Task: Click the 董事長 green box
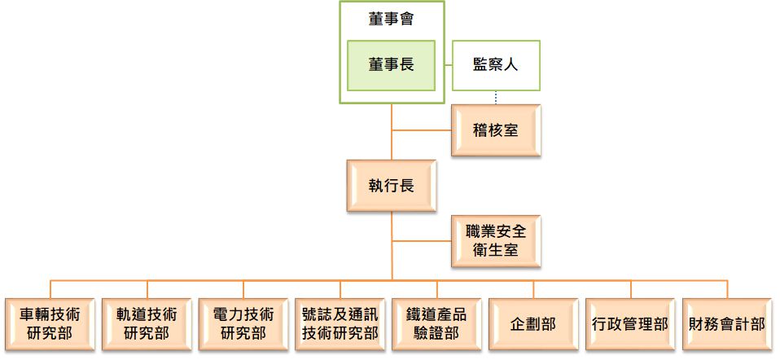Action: click(391, 65)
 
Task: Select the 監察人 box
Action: click(496, 65)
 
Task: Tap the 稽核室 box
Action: click(496, 130)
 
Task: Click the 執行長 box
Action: click(391, 186)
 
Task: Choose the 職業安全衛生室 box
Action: click(496, 241)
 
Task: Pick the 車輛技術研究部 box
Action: click(50, 323)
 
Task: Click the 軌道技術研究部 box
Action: click(147, 323)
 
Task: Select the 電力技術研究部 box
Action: click(243, 323)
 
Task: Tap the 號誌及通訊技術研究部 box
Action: click(340, 323)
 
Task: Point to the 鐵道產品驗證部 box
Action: click(436, 323)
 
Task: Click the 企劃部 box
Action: click(533, 323)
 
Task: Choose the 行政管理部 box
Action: click(630, 323)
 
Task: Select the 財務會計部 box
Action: click(727, 323)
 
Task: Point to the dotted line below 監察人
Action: click(496, 98)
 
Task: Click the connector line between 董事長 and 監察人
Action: click(444, 65)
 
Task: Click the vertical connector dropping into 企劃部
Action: click(533, 289)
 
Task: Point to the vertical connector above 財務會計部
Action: click(727, 289)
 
